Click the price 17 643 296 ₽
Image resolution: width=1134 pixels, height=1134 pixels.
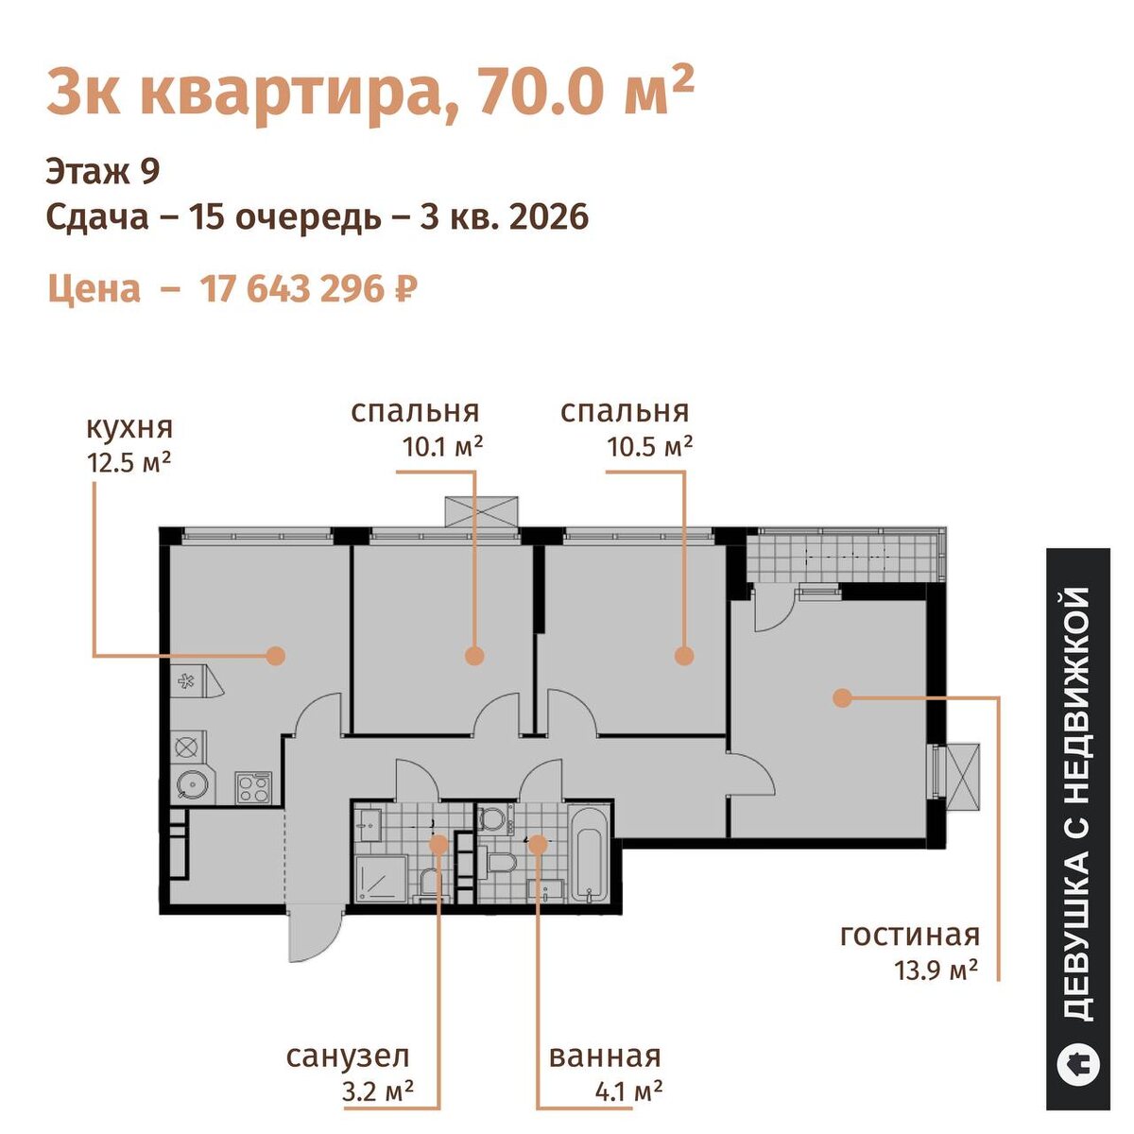[x=309, y=289]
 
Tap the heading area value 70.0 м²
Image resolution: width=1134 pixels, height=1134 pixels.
[x=586, y=92]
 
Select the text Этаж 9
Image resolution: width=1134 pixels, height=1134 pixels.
[x=103, y=172]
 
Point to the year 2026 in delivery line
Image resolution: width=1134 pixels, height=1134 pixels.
[x=550, y=216]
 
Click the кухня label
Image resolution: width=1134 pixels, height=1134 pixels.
[x=130, y=428]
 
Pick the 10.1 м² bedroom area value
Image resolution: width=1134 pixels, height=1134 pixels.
[x=442, y=447]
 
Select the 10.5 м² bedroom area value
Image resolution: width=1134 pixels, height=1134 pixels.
[x=649, y=447]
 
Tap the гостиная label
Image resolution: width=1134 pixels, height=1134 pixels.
[x=909, y=952]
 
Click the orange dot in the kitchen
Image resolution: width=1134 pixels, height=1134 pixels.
[x=275, y=655]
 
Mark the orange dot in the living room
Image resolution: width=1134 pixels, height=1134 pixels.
[x=843, y=698]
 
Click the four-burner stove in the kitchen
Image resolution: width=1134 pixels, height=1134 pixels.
[x=253, y=787]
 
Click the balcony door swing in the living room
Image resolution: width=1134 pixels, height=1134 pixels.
[x=774, y=610]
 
